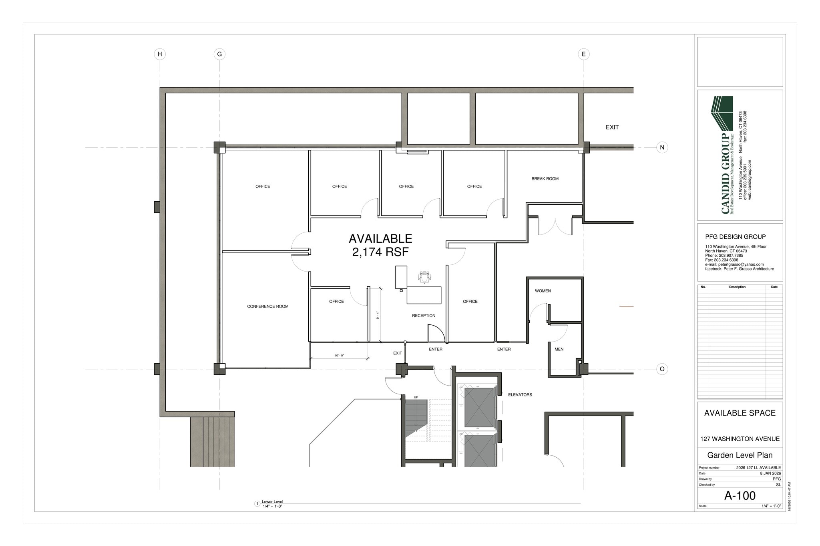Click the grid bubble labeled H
pos(160,54)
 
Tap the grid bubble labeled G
pos(219,54)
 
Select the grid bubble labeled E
pos(583,54)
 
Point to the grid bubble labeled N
pos(662,148)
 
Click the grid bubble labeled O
pos(662,369)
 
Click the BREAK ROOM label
pos(545,179)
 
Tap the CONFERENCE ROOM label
pos(267,306)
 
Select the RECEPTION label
pos(424,316)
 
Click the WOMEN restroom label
pos(543,291)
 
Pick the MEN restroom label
pos(559,349)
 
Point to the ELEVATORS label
pos(520,395)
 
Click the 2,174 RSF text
pos(380,252)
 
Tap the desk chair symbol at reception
pos(424,277)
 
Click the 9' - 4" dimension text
pos(378,315)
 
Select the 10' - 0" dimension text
pos(339,356)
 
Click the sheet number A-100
pos(740,496)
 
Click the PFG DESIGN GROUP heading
pos(735,237)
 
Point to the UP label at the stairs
pos(416,397)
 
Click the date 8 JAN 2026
pos(770,473)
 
